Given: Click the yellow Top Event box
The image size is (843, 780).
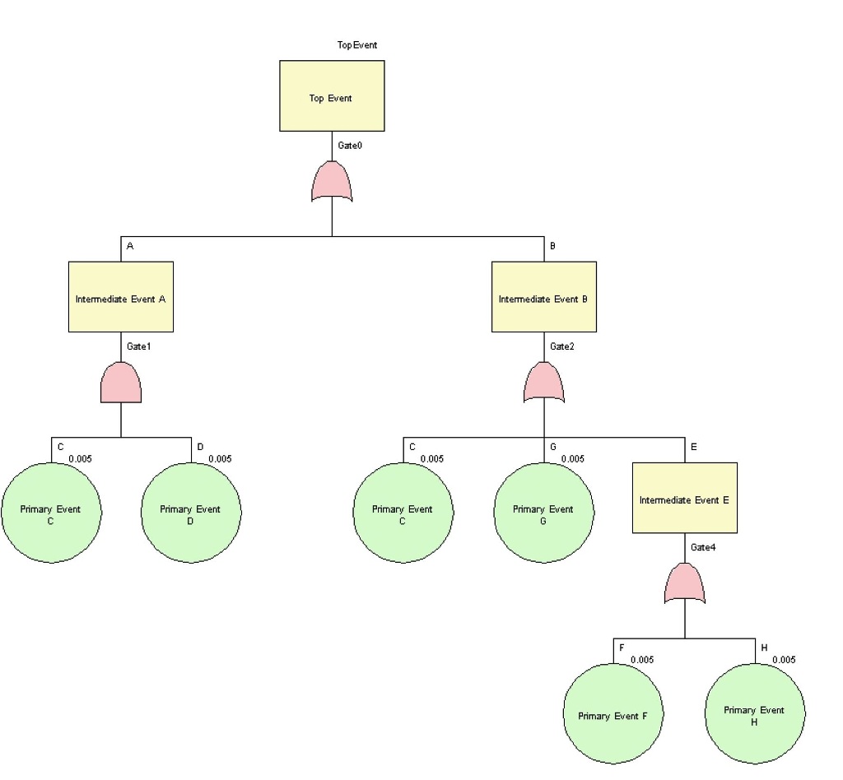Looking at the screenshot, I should point(332,95).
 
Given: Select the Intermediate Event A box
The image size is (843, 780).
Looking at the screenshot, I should point(120,296).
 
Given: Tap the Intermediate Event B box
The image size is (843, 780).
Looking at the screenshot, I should point(543,296).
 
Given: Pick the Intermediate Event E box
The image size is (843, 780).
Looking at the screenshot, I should point(684,497).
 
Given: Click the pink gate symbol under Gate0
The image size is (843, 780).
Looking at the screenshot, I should point(332,182).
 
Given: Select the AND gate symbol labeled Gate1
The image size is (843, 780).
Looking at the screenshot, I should point(121,383).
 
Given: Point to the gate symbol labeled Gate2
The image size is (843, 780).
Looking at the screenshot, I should point(544,383).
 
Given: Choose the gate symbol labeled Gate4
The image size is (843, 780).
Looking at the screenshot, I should point(685,583).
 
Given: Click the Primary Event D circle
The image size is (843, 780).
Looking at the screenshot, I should point(191,513).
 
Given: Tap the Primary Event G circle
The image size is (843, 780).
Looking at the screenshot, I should point(543,513).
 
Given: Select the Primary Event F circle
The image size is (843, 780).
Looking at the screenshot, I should point(613,713).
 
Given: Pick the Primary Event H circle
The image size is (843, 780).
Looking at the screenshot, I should point(755,713).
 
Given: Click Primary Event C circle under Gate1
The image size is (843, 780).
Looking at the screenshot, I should point(51,513).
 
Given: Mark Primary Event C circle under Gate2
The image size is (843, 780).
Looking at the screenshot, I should point(403,513).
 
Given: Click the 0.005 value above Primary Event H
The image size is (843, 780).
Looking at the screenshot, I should point(784,660).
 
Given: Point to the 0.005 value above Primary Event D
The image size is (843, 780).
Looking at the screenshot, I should point(220,459).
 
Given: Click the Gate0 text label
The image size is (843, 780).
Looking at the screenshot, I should point(350,146).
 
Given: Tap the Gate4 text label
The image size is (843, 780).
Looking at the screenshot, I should point(703,547).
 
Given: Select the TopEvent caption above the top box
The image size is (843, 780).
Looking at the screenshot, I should point(357,45).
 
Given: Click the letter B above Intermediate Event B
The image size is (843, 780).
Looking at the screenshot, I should point(552,246).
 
